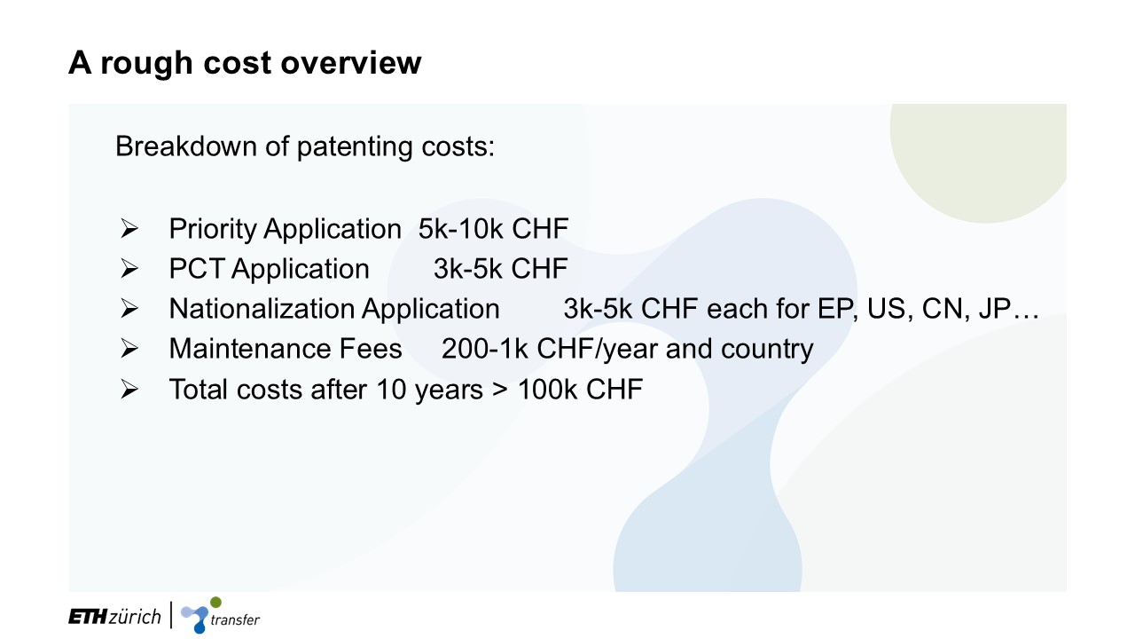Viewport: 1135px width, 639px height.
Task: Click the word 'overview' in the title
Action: point(350,63)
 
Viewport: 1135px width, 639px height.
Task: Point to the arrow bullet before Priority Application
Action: point(129,228)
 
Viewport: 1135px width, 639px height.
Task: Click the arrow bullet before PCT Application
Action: point(129,268)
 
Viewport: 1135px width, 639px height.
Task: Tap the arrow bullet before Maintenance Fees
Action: point(129,349)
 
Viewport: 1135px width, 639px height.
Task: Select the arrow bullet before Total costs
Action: point(129,390)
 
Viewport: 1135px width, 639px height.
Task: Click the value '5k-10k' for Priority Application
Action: point(460,229)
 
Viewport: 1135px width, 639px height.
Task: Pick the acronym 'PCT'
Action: point(197,268)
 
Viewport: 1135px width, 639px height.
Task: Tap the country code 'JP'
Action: point(995,308)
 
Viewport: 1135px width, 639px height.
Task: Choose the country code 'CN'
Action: point(945,309)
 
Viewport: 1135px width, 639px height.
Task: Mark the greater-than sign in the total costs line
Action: point(500,390)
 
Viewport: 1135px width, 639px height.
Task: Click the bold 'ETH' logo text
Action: point(88,617)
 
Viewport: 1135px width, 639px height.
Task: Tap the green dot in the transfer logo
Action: point(215,602)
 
